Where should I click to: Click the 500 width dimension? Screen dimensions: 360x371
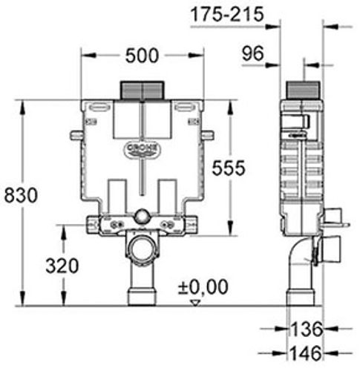point(142,56)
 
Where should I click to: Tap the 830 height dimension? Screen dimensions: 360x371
point(21,195)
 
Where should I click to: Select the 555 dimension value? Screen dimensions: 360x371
point(229,168)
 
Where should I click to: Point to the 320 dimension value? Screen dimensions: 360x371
point(62,266)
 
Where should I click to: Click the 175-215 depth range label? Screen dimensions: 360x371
point(228,14)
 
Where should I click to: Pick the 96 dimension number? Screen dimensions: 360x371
point(253,53)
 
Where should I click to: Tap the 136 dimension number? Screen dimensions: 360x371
point(307,329)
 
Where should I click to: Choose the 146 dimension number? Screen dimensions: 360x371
point(306,353)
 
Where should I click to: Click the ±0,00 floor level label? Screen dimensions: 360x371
point(203,287)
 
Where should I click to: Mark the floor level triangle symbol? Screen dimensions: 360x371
point(195,303)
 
